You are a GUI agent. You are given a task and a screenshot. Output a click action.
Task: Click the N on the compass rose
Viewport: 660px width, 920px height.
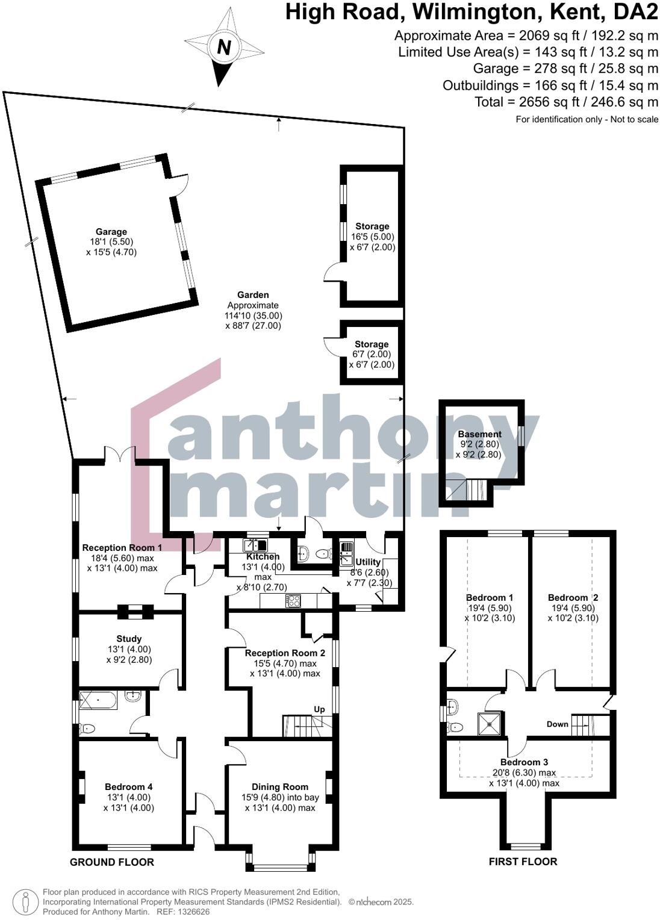coord(223,47)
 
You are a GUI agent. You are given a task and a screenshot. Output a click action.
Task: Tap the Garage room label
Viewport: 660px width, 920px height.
coord(111,232)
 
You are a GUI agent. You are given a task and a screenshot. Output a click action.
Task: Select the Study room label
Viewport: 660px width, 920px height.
coord(129,639)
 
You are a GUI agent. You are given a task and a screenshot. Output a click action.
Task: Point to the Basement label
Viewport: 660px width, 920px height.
coord(479,434)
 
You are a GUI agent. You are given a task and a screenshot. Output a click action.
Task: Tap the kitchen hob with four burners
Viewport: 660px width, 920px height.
coord(293,600)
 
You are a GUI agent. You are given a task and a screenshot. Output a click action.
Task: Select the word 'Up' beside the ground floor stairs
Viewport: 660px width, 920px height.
coord(319,709)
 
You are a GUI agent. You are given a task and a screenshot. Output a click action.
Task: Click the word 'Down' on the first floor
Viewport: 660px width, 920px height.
coord(557,724)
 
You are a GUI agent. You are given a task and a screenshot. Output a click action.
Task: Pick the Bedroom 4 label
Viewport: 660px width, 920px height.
coord(128,787)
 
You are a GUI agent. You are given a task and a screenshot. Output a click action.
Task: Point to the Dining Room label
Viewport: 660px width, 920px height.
coord(280,787)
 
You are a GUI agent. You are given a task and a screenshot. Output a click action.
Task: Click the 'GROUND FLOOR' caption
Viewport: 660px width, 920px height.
coord(112,862)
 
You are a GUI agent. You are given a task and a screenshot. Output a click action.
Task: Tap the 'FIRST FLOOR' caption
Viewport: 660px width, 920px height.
coord(523,862)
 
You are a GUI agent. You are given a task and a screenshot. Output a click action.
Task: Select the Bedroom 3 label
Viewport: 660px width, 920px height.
coord(524,762)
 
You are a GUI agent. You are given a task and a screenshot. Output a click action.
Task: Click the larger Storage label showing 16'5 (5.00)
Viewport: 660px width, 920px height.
coord(372,227)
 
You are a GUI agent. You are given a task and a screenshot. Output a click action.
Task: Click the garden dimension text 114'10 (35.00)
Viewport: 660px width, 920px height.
coord(253,315)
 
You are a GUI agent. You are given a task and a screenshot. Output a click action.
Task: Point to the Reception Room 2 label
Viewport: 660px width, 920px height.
coord(285,653)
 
